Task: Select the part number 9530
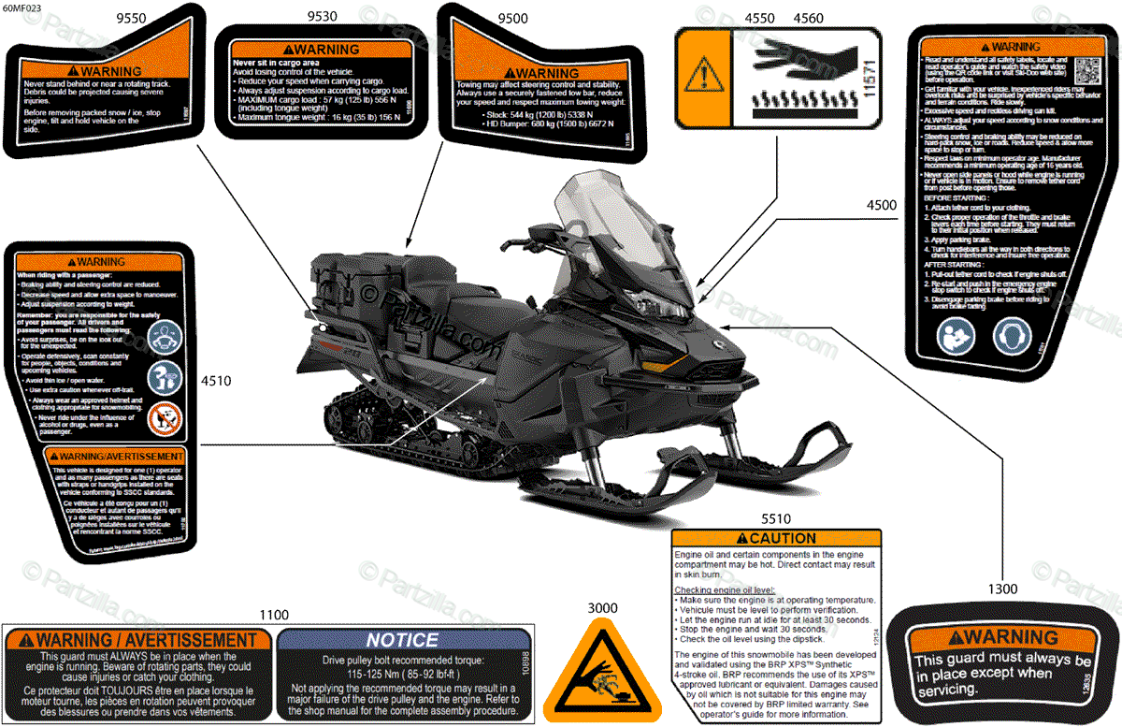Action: click(x=323, y=18)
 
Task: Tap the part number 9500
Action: click(x=513, y=18)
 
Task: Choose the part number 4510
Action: click(x=216, y=381)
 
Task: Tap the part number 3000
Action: click(x=603, y=607)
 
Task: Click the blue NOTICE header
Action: click(x=402, y=641)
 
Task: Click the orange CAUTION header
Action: click(x=777, y=539)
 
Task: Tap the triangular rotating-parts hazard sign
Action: click(x=601, y=671)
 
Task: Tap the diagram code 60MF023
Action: click(x=20, y=8)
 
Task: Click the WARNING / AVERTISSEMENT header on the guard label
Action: click(x=137, y=641)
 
